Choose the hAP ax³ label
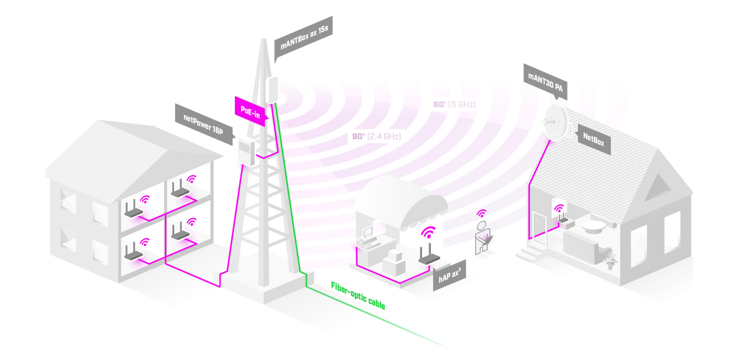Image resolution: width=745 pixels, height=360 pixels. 449,276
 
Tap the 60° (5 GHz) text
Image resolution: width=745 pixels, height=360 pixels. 454,104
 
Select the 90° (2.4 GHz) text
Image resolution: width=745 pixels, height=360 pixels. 373,137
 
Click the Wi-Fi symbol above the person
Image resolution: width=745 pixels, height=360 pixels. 482,213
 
